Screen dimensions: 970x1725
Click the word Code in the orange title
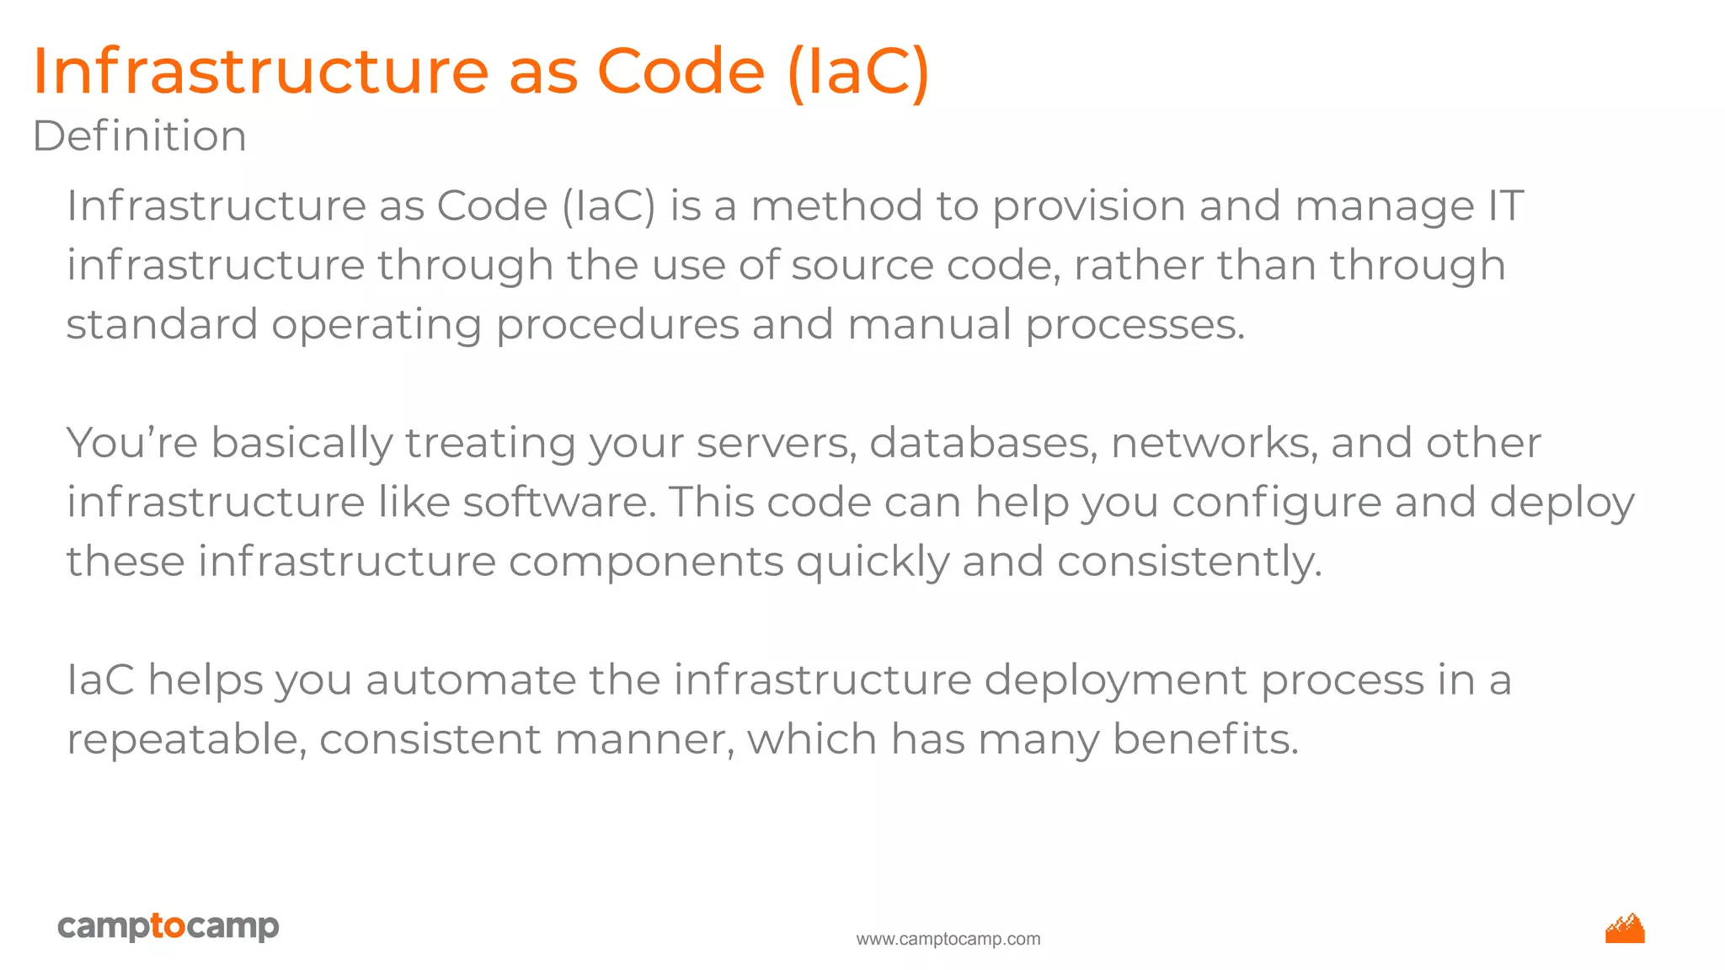pos(681,71)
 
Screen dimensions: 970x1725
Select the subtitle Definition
pos(140,136)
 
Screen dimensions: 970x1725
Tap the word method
pos(836,206)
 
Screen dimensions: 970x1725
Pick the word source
pos(862,266)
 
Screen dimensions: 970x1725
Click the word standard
pos(162,325)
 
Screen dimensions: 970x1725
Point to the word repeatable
pos(186,740)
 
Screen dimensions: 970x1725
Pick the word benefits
pos(1205,740)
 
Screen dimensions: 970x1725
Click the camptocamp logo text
pos(168,926)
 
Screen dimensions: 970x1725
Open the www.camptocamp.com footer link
pos(948,939)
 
